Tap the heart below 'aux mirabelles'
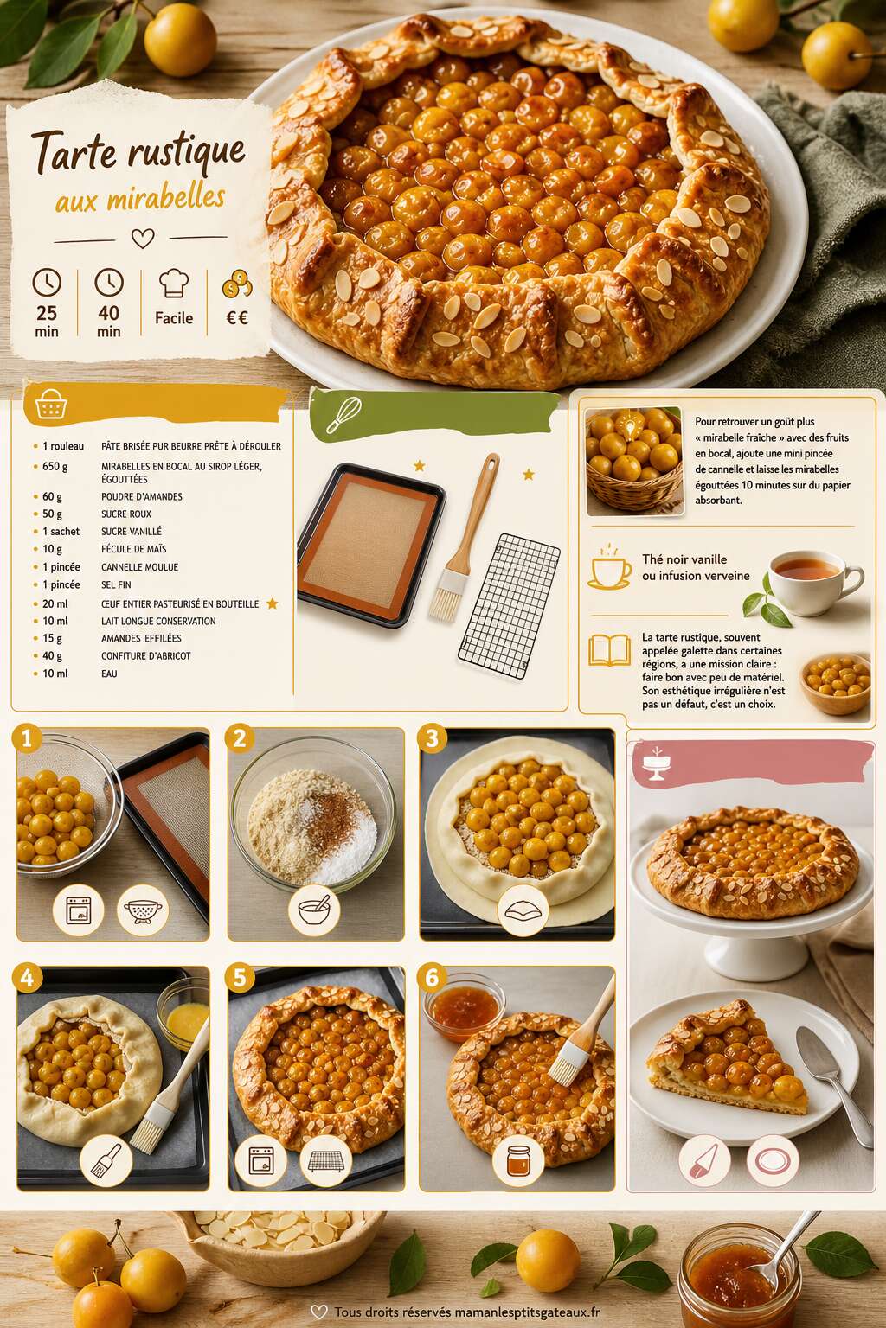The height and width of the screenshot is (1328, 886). point(143,239)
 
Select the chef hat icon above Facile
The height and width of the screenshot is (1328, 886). point(174,283)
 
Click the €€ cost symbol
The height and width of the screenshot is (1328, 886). point(237,318)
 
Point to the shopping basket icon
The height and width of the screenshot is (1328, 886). point(51,405)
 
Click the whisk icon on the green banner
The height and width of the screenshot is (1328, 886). point(343,415)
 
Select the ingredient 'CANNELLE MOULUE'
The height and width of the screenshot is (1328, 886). point(139,567)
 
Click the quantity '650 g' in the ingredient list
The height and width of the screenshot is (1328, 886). point(55,467)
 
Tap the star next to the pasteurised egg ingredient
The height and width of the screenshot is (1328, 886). point(273,603)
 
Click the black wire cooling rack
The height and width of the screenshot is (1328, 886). point(509,604)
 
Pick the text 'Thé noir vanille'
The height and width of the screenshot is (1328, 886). point(684,559)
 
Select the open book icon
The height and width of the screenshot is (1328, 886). point(609,650)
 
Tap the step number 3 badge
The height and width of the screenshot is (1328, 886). point(432,738)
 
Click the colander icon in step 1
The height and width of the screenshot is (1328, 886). point(143,910)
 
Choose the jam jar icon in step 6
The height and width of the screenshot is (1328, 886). point(518,1160)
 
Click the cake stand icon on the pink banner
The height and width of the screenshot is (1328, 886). point(656,763)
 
